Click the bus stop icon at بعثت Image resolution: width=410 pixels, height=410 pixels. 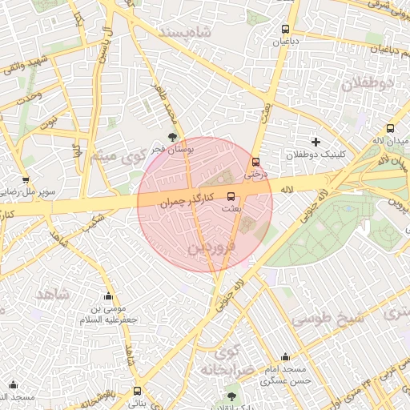tap(231, 195)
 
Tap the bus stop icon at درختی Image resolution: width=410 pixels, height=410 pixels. tap(255, 161)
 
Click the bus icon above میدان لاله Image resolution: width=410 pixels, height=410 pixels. tap(390, 128)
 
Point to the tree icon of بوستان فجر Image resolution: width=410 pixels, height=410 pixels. tap(172, 138)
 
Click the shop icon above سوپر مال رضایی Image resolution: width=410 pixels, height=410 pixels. tap(26, 180)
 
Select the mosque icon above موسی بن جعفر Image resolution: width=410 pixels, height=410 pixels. tap(108, 296)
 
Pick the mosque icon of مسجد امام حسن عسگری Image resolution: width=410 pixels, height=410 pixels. tap(285, 357)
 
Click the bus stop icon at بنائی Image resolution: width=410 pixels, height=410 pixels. tap(138, 392)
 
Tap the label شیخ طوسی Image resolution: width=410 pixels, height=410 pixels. tap(327, 317)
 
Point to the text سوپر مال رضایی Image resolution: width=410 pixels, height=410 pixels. tap(26, 192)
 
